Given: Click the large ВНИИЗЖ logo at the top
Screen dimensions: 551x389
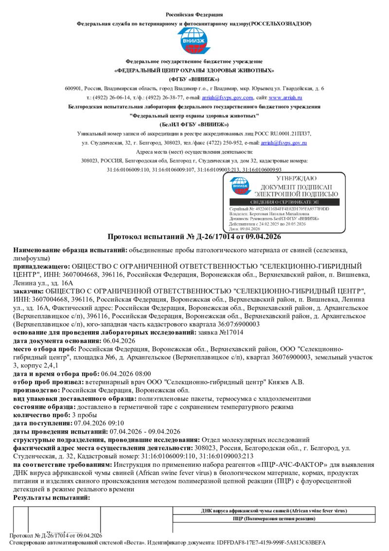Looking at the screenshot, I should (x=194, y=42).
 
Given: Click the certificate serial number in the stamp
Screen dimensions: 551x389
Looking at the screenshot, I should (x=288, y=209).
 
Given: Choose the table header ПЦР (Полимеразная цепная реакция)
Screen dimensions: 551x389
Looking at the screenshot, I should (x=274, y=519).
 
